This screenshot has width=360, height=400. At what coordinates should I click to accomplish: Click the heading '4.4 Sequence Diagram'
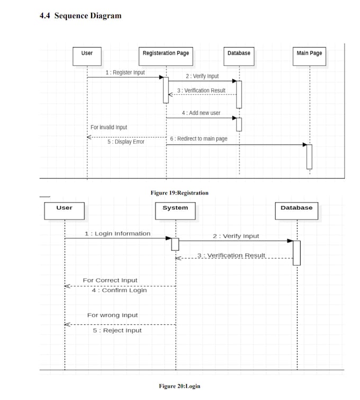tap(80, 15)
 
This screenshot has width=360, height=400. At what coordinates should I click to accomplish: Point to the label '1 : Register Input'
tap(125, 73)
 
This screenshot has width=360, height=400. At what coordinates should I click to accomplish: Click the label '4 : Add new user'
tap(201, 113)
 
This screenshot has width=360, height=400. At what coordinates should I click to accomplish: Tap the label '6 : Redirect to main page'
tap(199, 138)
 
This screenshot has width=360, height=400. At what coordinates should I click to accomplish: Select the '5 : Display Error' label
tap(126, 141)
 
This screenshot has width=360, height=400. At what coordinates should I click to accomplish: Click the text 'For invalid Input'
tap(109, 127)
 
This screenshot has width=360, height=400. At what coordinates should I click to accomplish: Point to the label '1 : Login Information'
tap(118, 234)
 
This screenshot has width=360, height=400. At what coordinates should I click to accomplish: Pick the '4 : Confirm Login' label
tap(119, 290)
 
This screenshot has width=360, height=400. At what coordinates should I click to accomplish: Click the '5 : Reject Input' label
tap(118, 330)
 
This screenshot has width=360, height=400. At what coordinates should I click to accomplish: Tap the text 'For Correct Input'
tap(110, 280)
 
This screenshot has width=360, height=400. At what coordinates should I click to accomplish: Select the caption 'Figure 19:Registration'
tap(179, 193)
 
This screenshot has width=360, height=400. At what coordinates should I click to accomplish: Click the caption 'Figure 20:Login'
tap(179, 386)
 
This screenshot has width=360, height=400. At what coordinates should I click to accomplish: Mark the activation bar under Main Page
tap(309, 156)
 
